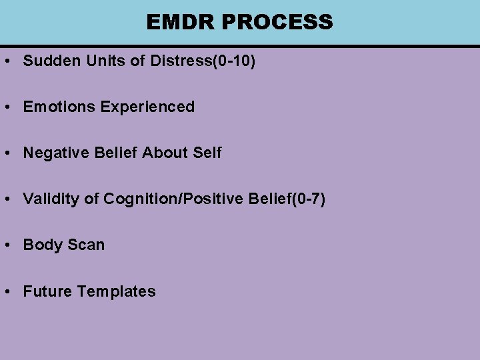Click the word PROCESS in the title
(x=277, y=22)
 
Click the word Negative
(x=56, y=153)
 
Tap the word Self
(x=207, y=153)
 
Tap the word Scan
(x=85, y=245)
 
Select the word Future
(x=48, y=291)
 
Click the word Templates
(x=117, y=291)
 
